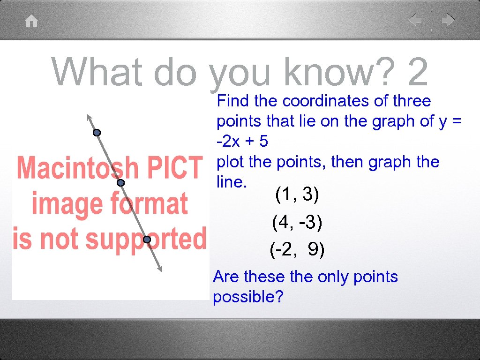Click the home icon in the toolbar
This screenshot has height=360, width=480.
31,21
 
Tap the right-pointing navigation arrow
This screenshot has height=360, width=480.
448,20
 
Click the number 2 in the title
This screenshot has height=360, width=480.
418,73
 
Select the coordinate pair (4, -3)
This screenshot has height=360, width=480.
297,222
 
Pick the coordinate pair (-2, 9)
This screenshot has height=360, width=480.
297,250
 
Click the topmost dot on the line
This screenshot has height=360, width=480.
97,133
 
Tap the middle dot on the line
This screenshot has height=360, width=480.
120,183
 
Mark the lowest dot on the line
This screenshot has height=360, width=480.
147,240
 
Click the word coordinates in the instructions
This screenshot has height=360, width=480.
327,101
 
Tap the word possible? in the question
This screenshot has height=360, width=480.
248,297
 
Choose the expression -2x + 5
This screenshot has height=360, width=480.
242,141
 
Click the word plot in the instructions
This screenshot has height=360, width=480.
231,162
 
